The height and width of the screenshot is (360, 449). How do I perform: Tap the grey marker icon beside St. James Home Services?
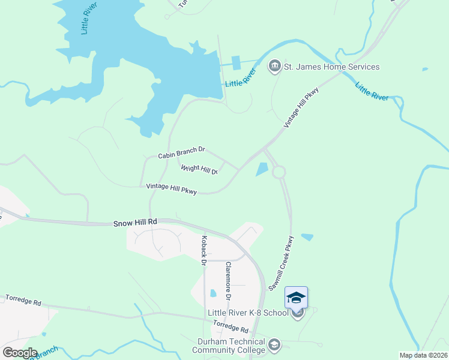[x=275, y=66]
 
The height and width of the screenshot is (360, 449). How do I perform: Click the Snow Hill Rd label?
[x=135, y=223]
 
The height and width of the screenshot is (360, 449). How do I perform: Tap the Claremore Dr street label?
[x=228, y=280]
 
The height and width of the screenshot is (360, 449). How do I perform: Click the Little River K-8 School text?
[x=248, y=313]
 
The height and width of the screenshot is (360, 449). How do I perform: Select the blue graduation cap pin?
[x=297, y=298]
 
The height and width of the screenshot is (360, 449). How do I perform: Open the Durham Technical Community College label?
[x=231, y=346]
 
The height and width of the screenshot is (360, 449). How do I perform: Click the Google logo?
[x=20, y=353]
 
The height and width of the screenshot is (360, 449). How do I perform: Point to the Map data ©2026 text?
[x=423, y=355]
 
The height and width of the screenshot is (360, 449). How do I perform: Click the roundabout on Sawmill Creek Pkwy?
[x=279, y=173]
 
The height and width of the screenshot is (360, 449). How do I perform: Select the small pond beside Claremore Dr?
[x=213, y=293]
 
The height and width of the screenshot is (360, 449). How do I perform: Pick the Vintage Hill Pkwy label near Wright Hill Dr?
[x=172, y=188]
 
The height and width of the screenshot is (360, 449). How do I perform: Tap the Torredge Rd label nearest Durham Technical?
[x=231, y=327]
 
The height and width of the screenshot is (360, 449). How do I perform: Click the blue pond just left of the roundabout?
[x=262, y=170]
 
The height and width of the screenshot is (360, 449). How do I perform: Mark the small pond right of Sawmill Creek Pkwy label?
[x=307, y=237]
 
